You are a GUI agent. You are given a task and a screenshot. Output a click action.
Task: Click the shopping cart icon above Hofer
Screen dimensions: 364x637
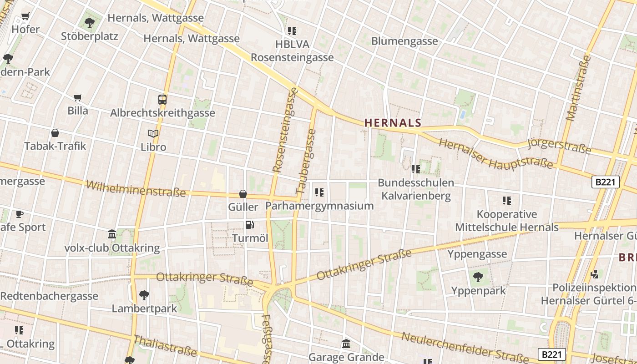click(x=25, y=17)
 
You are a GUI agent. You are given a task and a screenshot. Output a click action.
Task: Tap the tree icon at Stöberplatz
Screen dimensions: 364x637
click(x=90, y=22)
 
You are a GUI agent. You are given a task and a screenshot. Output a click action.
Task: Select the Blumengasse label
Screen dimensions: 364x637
click(x=404, y=41)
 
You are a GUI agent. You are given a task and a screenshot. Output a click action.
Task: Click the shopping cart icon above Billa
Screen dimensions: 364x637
click(x=78, y=97)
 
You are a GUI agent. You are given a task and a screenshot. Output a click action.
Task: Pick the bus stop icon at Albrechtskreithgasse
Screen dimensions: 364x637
click(x=162, y=99)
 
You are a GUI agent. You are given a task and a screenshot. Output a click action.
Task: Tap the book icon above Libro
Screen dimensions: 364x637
click(x=153, y=134)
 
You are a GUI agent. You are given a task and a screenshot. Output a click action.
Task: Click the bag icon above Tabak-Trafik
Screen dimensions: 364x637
click(x=55, y=133)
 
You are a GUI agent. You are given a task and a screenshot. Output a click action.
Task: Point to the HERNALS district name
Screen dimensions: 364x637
click(x=393, y=122)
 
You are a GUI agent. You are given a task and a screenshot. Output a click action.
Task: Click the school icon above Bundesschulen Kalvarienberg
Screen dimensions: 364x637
click(x=415, y=169)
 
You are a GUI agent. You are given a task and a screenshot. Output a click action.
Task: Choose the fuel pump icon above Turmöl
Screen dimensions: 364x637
click(x=249, y=224)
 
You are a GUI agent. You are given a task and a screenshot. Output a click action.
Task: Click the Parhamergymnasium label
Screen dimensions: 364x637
click(x=319, y=206)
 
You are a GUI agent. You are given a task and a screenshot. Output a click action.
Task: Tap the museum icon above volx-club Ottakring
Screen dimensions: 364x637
click(x=112, y=235)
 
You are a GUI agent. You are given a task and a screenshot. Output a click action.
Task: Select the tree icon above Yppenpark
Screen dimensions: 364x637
click(x=478, y=277)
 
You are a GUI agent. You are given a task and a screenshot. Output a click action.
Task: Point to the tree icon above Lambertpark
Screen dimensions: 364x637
click(x=144, y=295)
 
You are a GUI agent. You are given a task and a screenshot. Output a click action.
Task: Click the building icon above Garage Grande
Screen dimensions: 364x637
click(x=346, y=344)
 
